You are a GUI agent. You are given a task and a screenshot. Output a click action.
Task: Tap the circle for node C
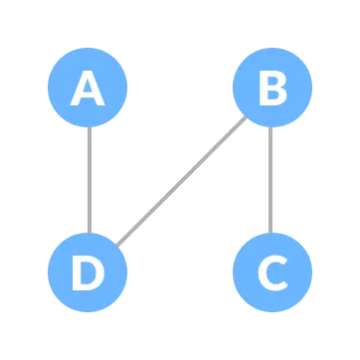coord(271,271)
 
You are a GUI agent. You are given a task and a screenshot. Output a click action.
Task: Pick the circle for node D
coord(89,271)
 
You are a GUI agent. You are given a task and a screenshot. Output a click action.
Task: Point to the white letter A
coord(89,90)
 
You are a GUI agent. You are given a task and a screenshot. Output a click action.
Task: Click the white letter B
coord(271,90)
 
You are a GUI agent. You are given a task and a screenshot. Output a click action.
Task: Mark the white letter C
coord(271,272)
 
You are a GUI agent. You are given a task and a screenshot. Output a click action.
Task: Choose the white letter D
coord(89,272)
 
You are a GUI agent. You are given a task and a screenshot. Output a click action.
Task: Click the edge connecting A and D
coord(89,180)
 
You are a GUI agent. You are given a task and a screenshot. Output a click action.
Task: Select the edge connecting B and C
coord(271,180)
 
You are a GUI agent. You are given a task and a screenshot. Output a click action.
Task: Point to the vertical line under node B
coord(271,180)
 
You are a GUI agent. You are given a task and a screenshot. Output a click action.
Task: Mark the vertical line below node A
coord(89,180)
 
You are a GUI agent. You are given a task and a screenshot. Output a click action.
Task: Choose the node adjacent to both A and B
coord(89,271)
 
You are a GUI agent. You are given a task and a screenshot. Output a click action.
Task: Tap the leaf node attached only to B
coord(271,271)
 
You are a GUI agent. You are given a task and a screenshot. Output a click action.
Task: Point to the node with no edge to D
coord(271,271)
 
